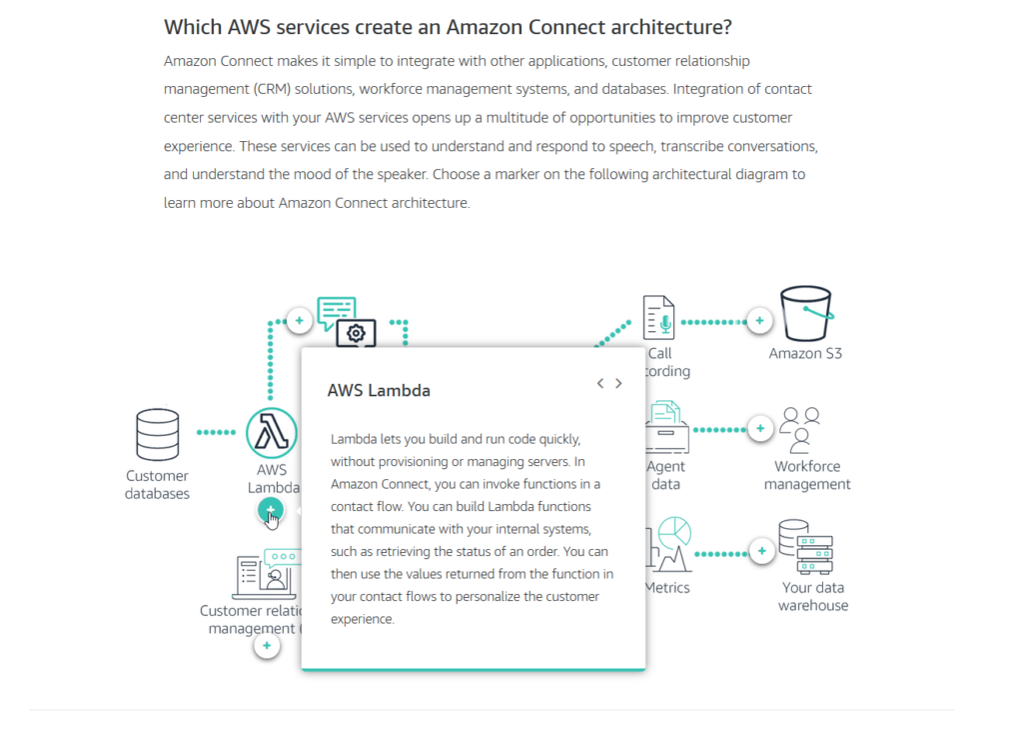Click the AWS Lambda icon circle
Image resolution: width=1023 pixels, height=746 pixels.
(x=271, y=433)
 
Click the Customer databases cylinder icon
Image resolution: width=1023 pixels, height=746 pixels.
(x=158, y=434)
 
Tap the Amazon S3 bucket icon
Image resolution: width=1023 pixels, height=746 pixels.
(x=806, y=315)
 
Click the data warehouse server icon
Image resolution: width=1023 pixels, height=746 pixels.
(x=807, y=546)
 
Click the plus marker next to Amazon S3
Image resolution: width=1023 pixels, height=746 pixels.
(x=760, y=321)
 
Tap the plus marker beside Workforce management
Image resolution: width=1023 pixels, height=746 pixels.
(x=760, y=429)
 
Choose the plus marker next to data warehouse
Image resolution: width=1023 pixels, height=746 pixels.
(x=762, y=551)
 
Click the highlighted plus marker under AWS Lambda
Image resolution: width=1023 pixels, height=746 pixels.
(x=270, y=510)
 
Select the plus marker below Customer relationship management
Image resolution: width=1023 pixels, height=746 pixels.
(x=266, y=646)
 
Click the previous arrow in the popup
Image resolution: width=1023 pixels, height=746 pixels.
(x=600, y=383)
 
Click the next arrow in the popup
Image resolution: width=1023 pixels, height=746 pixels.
(x=619, y=383)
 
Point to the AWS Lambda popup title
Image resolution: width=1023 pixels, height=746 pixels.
(x=379, y=390)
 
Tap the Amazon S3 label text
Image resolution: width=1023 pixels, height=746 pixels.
(x=805, y=353)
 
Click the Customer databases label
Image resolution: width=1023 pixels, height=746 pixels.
(x=158, y=485)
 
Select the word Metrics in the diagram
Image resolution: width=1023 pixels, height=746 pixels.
(x=667, y=587)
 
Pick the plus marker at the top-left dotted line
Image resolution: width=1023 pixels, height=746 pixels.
(x=299, y=321)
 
